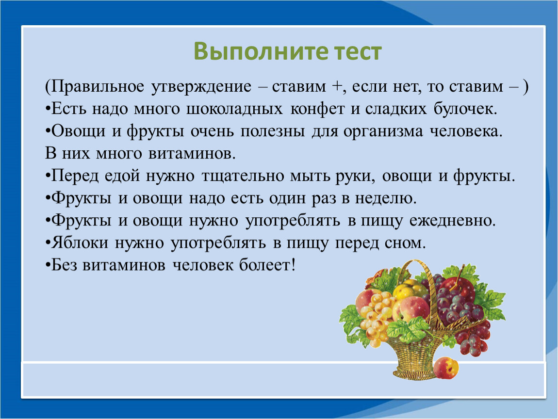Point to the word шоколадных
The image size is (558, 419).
coord(234,109)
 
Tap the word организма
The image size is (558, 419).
coord(383,132)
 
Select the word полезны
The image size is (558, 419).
coord(273,131)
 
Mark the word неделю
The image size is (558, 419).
coord(386,198)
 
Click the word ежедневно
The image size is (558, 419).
coord(452,221)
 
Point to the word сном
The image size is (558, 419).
coord(405,243)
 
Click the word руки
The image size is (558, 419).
coord(356,177)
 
